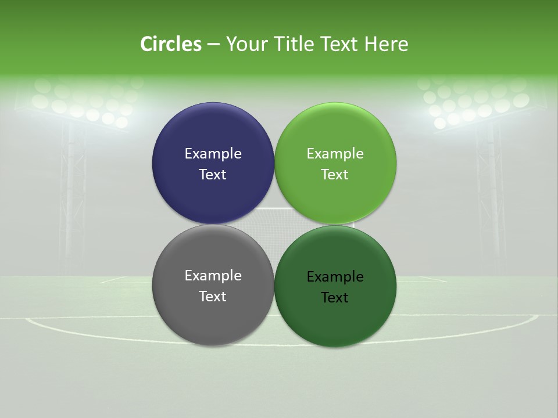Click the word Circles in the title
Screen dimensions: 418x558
[x=171, y=44]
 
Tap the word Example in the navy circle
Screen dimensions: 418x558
[x=213, y=154]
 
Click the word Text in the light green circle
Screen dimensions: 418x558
[x=335, y=175]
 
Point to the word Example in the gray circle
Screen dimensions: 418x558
[x=213, y=276]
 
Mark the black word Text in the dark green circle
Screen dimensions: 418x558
[x=335, y=298]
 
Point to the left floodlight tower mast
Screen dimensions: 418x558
[x=73, y=197]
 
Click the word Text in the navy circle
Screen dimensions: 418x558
[x=213, y=175]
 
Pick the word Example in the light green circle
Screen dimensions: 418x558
[x=335, y=154]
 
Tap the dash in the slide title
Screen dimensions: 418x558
[x=213, y=45]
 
